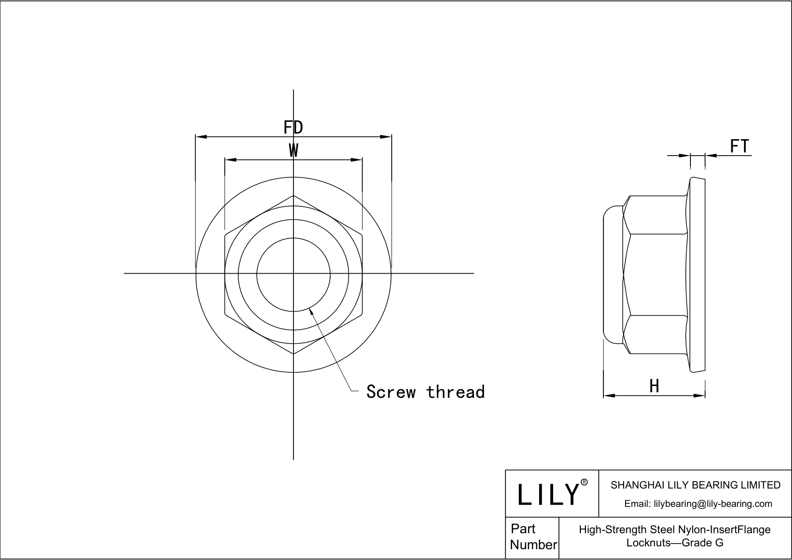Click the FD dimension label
[x=293, y=127]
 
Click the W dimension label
[x=293, y=151]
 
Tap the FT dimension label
[x=739, y=147]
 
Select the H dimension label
[x=654, y=386]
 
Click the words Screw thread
[x=425, y=392]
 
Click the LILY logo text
[x=548, y=494]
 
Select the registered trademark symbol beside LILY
[x=584, y=482]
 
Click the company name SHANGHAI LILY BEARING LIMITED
[x=695, y=485]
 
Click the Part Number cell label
[x=533, y=537]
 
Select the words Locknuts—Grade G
[x=674, y=543]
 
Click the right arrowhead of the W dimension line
[x=357, y=160]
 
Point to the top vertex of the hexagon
[x=293, y=196]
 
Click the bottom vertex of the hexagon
[x=293, y=354]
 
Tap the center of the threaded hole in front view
[x=293, y=273]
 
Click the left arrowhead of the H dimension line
[x=609, y=395]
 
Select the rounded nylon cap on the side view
[x=612, y=273]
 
